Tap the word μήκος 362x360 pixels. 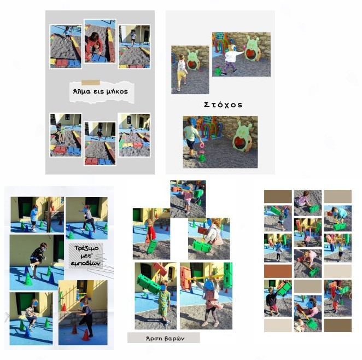coord(117,92)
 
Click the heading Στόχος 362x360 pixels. coord(223,105)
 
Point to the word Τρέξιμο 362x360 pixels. coord(86,248)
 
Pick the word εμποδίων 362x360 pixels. coord(86,263)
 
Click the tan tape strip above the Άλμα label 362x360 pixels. coord(91,83)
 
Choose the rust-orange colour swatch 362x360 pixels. coord(278,271)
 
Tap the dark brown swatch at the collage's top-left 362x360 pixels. coord(278,196)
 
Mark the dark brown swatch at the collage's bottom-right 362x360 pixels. coord(337,326)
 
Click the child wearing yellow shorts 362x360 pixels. coord(182,72)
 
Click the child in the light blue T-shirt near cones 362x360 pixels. coord(34,218)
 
